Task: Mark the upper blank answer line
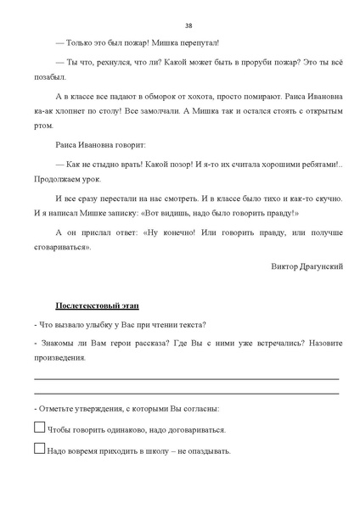click(187, 378)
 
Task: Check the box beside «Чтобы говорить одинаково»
click(39, 428)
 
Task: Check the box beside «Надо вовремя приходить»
click(39, 449)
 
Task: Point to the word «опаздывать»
click(205, 451)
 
